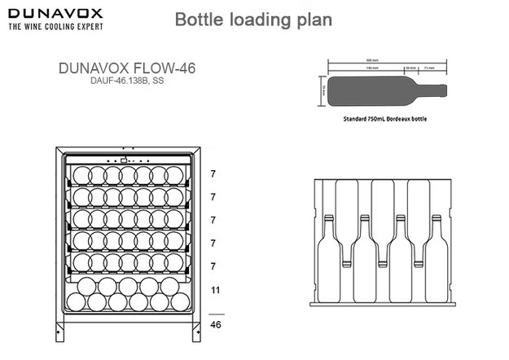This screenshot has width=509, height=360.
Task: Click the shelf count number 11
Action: point(216,290)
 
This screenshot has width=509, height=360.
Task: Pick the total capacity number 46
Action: point(216,323)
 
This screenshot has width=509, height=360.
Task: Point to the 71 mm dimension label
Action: point(428,68)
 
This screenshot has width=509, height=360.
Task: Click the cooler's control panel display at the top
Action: point(125,160)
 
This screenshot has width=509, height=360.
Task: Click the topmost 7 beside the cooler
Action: point(213,174)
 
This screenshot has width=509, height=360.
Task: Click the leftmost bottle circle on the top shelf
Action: point(81,174)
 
